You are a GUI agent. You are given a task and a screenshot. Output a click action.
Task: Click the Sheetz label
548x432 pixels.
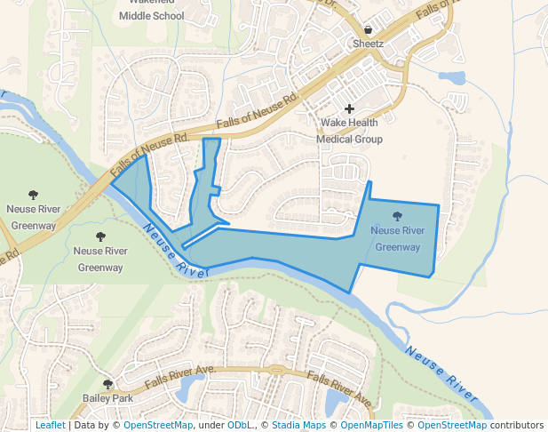(x=368, y=43)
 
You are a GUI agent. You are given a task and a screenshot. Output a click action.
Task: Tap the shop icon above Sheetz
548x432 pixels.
(x=368, y=28)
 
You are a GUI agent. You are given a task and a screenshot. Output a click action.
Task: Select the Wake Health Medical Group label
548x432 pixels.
(x=350, y=131)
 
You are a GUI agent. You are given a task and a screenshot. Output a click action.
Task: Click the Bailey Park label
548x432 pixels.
(x=107, y=398)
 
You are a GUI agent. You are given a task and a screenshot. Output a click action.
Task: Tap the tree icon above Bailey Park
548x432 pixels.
(x=107, y=384)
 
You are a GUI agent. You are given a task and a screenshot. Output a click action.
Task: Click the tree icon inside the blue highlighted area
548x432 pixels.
(x=396, y=216)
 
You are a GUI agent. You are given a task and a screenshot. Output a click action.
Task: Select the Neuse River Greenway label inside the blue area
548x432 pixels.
(x=397, y=238)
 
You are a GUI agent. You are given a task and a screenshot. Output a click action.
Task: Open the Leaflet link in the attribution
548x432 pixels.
(x=50, y=425)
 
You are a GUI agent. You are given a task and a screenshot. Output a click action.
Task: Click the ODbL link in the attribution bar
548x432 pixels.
(x=240, y=425)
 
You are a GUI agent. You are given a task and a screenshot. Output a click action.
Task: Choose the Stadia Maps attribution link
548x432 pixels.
(x=298, y=425)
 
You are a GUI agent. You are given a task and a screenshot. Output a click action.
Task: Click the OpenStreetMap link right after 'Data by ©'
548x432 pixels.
(x=158, y=425)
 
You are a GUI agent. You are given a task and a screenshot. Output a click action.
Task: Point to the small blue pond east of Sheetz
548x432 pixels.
(x=451, y=77)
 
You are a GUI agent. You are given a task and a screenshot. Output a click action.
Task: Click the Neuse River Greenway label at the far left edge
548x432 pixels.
(x=32, y=217)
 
